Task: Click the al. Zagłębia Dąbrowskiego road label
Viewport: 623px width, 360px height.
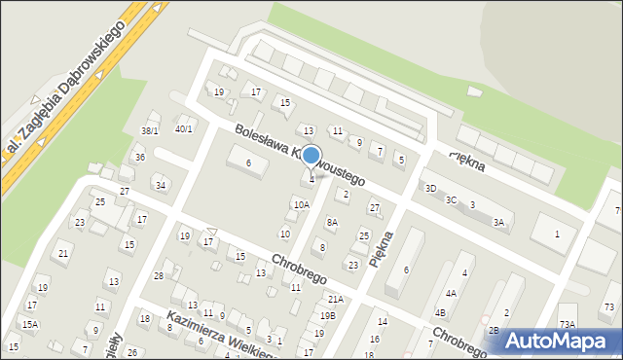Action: pos(68,92)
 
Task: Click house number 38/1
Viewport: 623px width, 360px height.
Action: pos(149,130)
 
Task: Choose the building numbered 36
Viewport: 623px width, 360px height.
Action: pos(140,158)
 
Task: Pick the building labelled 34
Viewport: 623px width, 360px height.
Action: pos(161,185)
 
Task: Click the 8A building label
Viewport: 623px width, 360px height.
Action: pos(332,223)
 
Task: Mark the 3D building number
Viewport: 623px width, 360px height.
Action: pos(430,188)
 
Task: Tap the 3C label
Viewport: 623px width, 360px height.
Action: pos(451,199)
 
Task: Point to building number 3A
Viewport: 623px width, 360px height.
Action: pos(498,223)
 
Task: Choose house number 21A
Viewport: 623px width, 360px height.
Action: pos(335,300)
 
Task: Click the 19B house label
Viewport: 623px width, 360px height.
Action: pos(327,315)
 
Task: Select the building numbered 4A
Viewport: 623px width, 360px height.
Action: pos(451,293)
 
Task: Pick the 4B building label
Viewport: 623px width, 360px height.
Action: pos(440,312)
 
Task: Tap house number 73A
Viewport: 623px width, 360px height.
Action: pos(567,324)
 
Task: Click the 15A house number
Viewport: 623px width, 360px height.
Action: pos(30,324)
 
